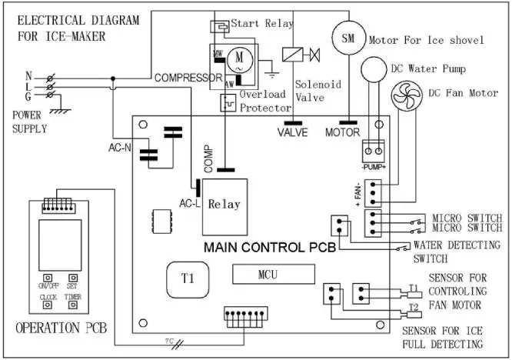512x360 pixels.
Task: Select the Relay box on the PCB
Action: (224, 205)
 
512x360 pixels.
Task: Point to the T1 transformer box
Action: (188, 278)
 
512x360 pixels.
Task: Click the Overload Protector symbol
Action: (227, 101)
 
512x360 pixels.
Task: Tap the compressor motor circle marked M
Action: (238, 58)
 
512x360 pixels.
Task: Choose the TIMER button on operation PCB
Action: (72, 303)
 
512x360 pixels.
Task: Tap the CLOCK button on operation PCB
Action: (48, 303)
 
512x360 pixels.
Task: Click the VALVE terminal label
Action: (293, 132)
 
